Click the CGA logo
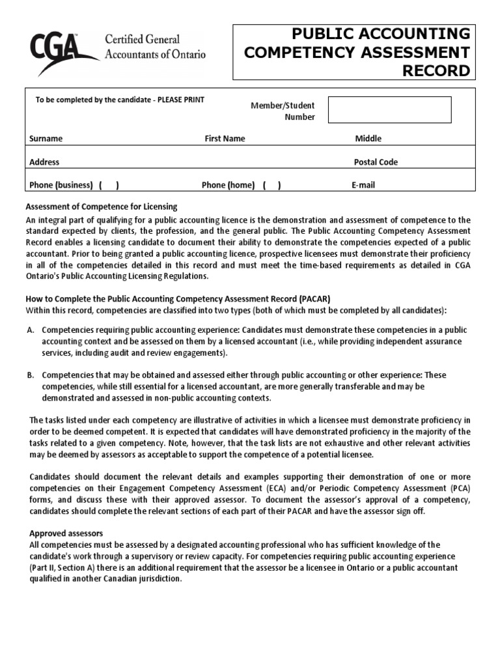pyautogui.click(x=62, y=48)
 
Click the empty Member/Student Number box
pyautogui.click(x=389, y=110)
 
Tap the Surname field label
pyautogui.click(x=46, y=139)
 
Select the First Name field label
pyautogui.click(x=225, y=139)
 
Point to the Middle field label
pyautogui.click(x=368, y=139)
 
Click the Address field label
pyautogui.click(x=44, y=162)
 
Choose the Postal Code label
pyautogui.click(x=376, y=162)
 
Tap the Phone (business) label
pyautogui.click(x=61, y=185)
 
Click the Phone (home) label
pyautogui.click(x=228, y=185)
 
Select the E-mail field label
pyautogui.click(x=363, y=185)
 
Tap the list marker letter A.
pyautogui.click(x=31, y=330)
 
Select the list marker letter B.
pyautogui.click(x=31, y=375)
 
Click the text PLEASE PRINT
pyautogui.click(x=181, y=100)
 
